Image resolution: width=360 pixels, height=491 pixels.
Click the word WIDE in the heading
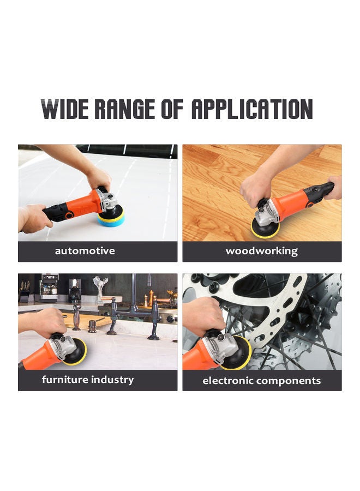(65, 110)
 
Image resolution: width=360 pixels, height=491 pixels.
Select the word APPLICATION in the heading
(251, 110)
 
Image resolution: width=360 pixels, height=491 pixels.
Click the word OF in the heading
(174, 110)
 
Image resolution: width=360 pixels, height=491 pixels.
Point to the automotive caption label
(85, 251)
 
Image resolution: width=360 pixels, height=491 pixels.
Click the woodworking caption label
(262, 251)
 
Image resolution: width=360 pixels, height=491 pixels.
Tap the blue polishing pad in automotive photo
(111, 218)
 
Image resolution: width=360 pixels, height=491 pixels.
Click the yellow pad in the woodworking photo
(265, 228)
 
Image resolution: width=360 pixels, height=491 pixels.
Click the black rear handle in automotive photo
(58, 212)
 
